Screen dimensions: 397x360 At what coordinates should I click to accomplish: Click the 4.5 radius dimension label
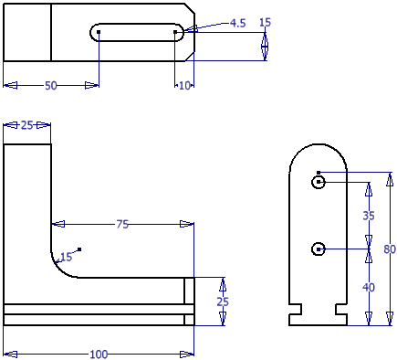pos(237,23)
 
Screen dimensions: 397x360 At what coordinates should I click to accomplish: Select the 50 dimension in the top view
pos(51,86)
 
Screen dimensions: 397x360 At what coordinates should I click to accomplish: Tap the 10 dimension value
pos(184,86)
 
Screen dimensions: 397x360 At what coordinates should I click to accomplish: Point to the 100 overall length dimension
pos(99,355)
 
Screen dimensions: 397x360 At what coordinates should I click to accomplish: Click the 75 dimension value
pos(122,225)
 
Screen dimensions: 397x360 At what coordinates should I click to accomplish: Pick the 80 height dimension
pos(390,249)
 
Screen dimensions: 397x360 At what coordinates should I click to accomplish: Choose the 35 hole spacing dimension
pos(369,216)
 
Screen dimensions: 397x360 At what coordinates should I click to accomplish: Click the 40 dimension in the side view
pos(369,287)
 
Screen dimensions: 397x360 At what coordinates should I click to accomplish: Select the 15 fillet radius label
pos(66,257)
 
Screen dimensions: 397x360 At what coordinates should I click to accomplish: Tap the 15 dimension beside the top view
pos(265,22)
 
